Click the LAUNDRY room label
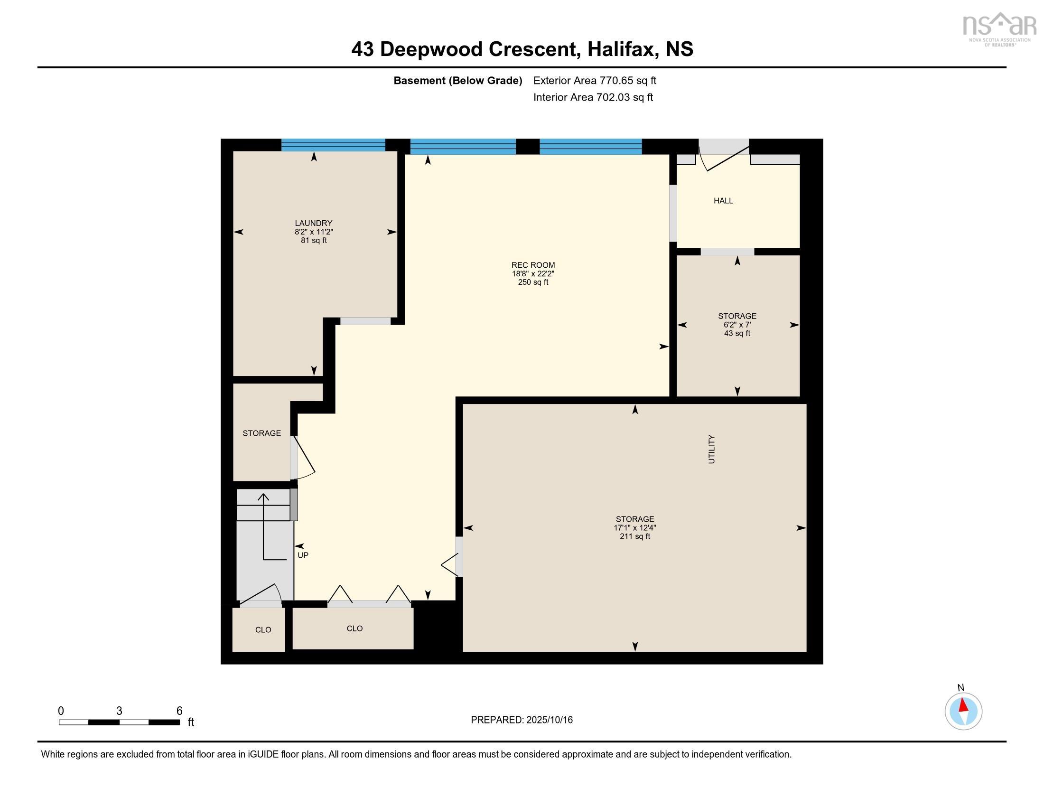click(x=313, y=223)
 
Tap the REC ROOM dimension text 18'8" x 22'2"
click(x=532, y=273)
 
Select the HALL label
click(x=723, y=201)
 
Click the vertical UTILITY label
click(x=711, y=449)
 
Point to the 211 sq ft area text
click(x=634, y=536)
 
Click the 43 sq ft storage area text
click(x=736, y=333)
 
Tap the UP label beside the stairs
click(x=303, y=555)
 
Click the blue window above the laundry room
click(x=333, y=145)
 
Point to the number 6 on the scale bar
click(x=179, y=711)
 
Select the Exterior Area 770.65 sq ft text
click(x=594, y=80)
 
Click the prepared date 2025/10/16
click(x=549, y=720)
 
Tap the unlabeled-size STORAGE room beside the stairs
click(x=261, y=433)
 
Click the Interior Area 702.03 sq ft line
click(x=593, y=97)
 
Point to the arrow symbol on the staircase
click(x=264, y=526)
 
